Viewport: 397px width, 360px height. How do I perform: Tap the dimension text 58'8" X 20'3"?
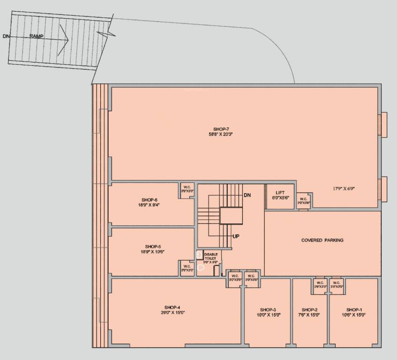click(221, 134)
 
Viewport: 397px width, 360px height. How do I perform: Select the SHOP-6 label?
click(150, 200)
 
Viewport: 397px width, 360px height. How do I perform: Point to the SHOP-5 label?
click(153, 246)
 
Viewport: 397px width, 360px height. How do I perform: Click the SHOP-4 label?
click(172, 307)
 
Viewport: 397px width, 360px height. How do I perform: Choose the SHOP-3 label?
click(268, 309)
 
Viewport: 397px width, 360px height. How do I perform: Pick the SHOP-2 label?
click(310, 309)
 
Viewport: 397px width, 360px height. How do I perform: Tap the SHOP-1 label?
click(354, 309)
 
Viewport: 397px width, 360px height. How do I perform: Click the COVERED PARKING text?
click(322, 240)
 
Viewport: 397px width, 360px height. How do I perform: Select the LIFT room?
click(280, 195)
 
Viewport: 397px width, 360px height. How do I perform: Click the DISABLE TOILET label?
click(210, 256)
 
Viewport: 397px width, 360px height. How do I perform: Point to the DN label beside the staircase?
click(248, 195)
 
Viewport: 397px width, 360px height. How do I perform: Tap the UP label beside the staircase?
click(236, 236)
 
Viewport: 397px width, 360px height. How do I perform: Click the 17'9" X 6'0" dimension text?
click(344, 189)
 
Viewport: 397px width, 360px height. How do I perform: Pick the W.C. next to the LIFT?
click(303, 200)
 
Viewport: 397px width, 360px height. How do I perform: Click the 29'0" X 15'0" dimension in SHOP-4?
click(172, 313)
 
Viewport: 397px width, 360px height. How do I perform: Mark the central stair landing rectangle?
click(231, 217)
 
